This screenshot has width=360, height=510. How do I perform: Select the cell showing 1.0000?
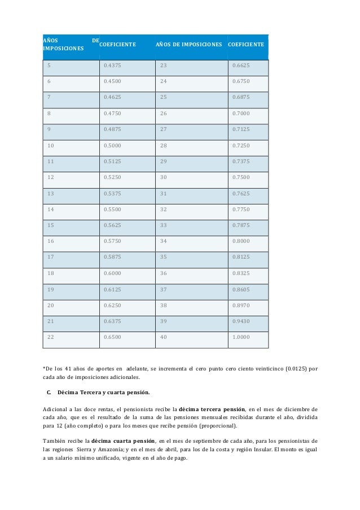(x=240, y=338)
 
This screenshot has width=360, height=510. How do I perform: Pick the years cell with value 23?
(x=164, y=66)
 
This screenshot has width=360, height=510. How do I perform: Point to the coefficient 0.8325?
(x=240, y=274)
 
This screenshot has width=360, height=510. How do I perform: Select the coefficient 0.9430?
(x=240, y=322)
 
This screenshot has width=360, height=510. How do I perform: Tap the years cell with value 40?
(x=164, y=338)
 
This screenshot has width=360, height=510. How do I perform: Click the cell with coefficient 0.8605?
(x=240, y=290)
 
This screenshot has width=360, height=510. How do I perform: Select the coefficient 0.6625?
(x=240, y=66)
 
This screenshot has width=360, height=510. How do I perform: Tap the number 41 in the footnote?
(x=68, y=369)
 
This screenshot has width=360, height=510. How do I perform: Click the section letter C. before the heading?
(x=50, y=392)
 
